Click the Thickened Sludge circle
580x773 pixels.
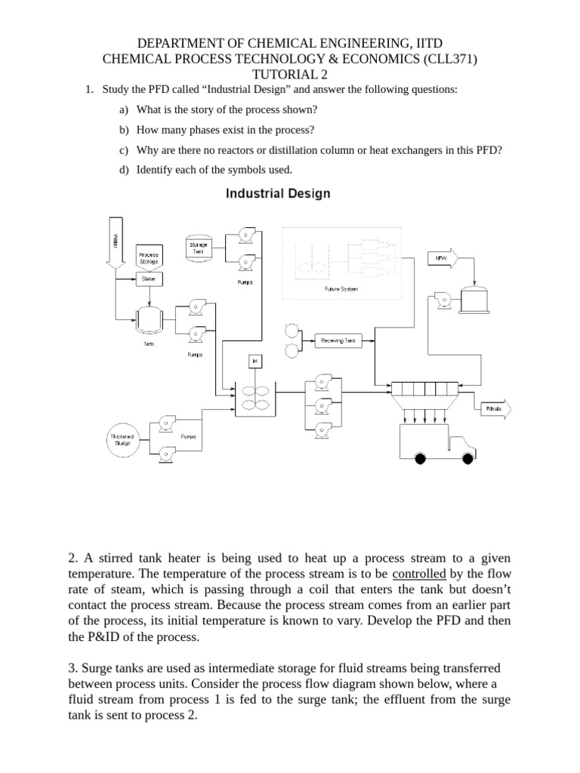click(x=122, y=440)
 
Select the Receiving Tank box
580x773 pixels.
click(x=338, y=341)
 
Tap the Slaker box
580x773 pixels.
click(x=148, y=279)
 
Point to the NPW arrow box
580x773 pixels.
click(x=442, y=258)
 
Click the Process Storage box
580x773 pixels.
click(x=149, y=257)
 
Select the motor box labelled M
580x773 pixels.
click(x=255, y=362)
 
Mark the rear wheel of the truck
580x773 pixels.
click(x=421, y=457)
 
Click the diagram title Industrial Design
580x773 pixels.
click(x=279, y=193)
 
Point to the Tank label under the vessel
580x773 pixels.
click(x=148, y=343)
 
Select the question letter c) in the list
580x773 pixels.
click(x=123, y=149)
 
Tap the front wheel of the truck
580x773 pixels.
click(x=467, y=457)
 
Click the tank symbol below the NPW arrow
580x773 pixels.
click(x=475, y=300)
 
